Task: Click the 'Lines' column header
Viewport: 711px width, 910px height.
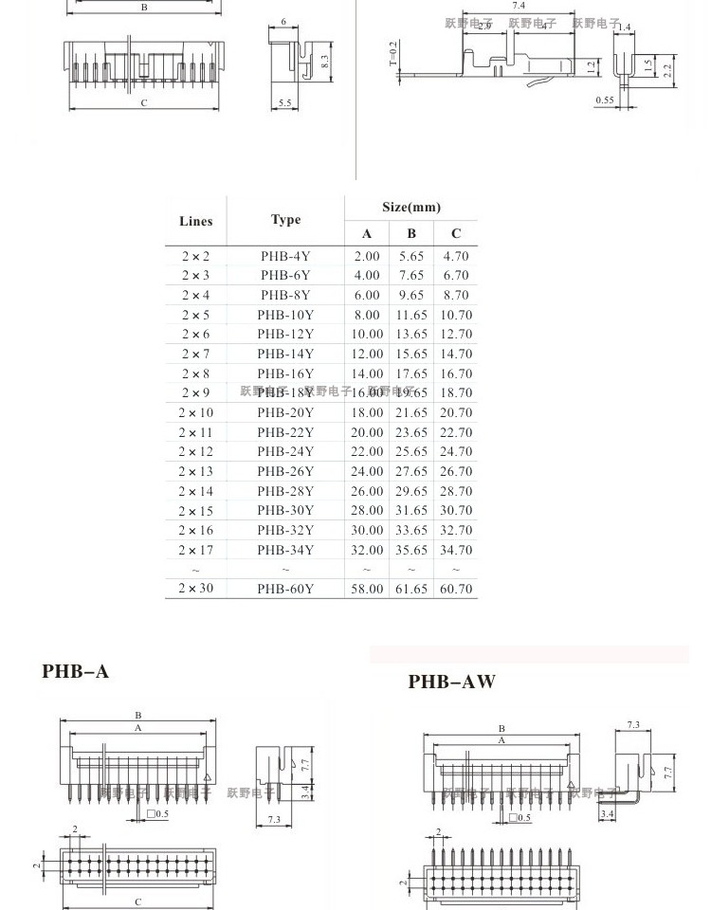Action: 195,222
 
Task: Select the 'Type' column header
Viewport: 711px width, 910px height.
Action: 285,220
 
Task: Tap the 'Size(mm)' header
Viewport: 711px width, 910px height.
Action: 411,208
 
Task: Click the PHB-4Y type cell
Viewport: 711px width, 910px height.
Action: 285,256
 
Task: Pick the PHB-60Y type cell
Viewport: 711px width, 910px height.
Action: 285,589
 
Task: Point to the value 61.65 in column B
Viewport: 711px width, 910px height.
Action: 411,589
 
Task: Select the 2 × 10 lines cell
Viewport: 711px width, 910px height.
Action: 195,413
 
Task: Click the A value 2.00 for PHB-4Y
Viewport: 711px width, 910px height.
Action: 367,256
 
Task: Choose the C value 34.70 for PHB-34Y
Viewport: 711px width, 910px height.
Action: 456,550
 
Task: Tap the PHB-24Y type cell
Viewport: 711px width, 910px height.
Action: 285,452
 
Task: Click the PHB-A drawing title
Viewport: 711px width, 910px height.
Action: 76,672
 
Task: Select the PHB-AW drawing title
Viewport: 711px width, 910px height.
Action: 452,682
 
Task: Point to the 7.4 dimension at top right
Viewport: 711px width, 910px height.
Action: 519,7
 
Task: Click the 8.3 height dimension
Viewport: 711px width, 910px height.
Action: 324,60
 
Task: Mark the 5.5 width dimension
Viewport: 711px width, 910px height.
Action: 285,103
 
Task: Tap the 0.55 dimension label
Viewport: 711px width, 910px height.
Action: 605,100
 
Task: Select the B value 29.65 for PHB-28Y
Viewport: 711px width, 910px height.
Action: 411,491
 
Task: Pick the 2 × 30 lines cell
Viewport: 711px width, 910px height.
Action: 195,589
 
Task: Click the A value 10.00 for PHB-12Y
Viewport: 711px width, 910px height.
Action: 367,335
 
